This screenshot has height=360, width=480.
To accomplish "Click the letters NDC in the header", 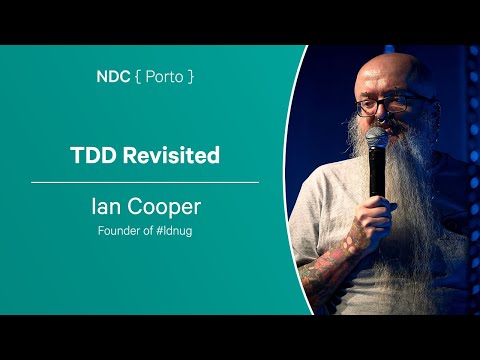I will (112, 76).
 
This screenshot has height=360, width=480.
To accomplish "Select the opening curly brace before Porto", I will (137, 76).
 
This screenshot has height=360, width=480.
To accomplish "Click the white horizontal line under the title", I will (144, 183).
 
